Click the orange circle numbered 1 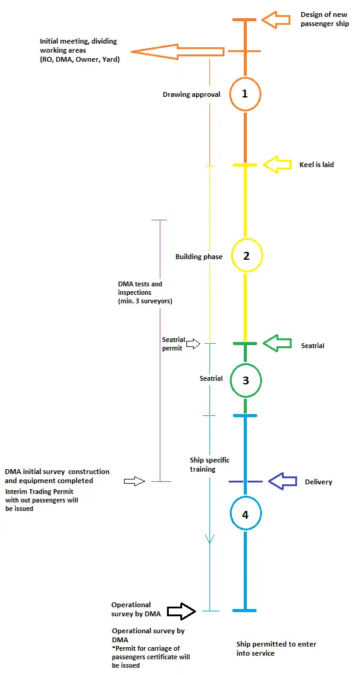(x=244, y=78)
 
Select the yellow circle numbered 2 (x=246, y=240)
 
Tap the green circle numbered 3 (x=246, y=364)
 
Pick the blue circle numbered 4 (x=246, y=498)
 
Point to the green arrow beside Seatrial (x=277, y=343)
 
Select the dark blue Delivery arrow (x=283, y=481)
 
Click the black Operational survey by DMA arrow (x=182, y=611)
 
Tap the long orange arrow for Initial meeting (x=177, y=52)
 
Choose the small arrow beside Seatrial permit (x=194, y=343)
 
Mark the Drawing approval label (x=191, y=94)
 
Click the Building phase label (x=198, y=257)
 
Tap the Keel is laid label (x=316, y=165)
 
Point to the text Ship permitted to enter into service (x=276, y=648)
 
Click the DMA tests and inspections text (x=145, y=293)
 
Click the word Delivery (x=318, y=482)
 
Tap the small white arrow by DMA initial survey (x=135, y=481)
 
